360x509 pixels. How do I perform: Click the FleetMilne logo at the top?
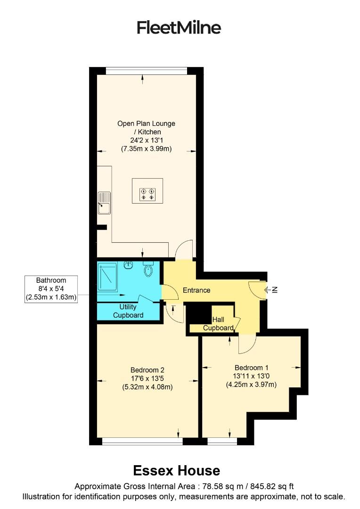click(x=179, y=28)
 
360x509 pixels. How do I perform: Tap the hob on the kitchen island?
click(x=147, y=194)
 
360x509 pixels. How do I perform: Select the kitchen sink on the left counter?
click(x=104, y=203)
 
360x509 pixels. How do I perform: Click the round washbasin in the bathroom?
click(x=128, y=266)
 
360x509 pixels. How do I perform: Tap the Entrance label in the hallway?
click(x=196, y=290)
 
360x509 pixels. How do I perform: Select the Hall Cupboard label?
click(x=218, y=323)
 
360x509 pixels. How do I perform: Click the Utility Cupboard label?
click(x=128, y=311)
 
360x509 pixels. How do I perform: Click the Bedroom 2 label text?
click(x=147, y=370)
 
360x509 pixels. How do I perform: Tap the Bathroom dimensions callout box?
click(x=51, y=288)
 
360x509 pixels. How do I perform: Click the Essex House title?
click(x=176, y=470)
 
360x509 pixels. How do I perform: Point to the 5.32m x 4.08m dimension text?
click(x=147, y=387)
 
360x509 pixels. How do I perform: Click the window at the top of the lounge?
click(x=146, y=71)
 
